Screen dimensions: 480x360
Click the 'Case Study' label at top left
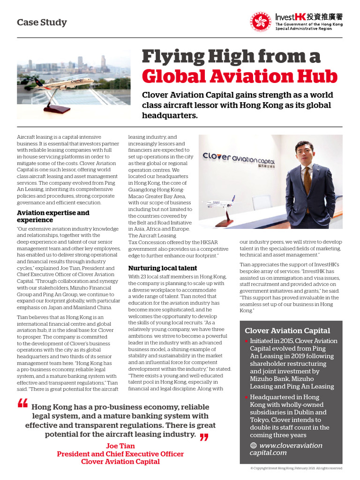(x=42, y=22)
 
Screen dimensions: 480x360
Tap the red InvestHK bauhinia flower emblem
(x=261, y=22)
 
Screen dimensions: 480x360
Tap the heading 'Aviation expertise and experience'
(x=53, y=216)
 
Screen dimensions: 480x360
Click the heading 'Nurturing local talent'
(x=163, y=268)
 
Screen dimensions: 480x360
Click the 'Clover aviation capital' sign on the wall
(x=240, y=158)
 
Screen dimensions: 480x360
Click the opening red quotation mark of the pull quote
(x=22, y=404)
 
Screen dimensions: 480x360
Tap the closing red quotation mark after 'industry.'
(x=204, y=437)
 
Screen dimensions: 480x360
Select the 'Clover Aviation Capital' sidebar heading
(x=287, y=330)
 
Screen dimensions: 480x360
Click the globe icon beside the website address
(x=254, y=445)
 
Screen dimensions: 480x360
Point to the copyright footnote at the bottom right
(x=296, y=468)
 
